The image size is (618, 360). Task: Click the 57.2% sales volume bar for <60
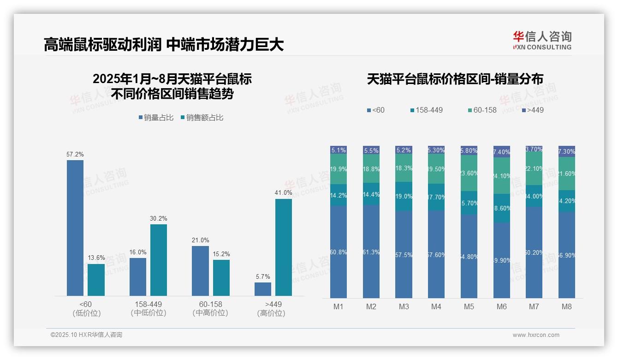click(75, 228)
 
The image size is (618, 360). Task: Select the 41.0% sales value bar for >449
click(284, 247)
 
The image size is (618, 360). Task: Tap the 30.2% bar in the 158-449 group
click(159, 260)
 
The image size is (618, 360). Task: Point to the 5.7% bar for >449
click(263, 289)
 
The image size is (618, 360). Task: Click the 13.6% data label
click(96, 258)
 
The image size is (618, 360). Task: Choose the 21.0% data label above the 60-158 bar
click(200, 240)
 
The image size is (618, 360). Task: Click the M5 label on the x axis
click(469, 306)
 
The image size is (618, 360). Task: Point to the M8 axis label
click(566, 306)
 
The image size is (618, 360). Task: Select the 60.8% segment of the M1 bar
click(339, 252)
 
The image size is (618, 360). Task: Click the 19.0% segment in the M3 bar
click(404, 196)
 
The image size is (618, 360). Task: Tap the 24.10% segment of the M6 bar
click(502, 175)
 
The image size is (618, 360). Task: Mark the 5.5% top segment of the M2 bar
click(371, 150)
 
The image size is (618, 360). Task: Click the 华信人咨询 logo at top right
click(542, 40)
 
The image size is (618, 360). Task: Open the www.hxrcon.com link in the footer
click(536, 335)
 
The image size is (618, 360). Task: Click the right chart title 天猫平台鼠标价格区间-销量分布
click(455, 79)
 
